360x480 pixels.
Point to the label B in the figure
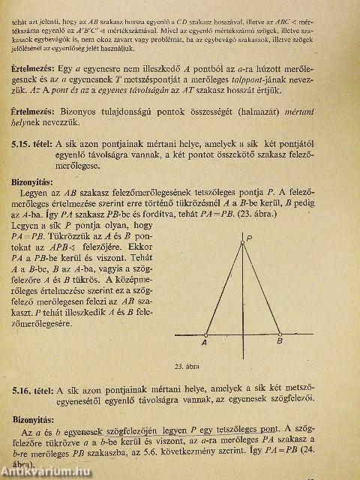pos(280,340)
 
